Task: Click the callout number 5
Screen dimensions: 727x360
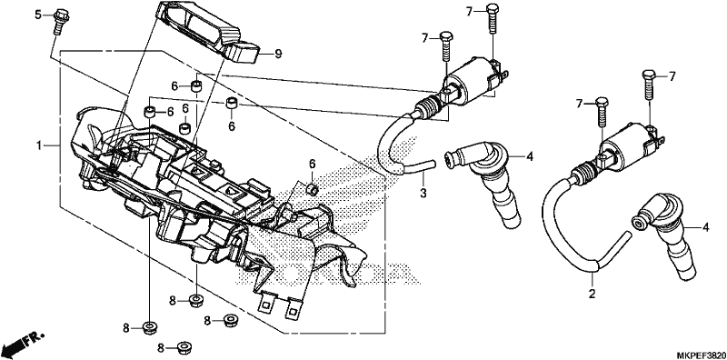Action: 38,15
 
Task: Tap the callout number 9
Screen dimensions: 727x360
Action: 278,55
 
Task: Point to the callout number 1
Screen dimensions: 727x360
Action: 40,145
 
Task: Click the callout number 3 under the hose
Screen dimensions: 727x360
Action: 423,193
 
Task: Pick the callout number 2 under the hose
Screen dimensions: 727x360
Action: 592,294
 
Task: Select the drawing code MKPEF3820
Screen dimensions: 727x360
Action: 701,355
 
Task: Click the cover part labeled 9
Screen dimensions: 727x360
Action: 209,33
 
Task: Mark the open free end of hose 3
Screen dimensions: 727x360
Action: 433,163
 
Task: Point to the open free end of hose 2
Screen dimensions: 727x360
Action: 628,236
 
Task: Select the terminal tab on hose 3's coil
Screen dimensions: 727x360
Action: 503,75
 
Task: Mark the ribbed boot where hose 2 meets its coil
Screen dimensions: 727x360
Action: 584,172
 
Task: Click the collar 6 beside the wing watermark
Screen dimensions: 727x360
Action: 313,190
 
